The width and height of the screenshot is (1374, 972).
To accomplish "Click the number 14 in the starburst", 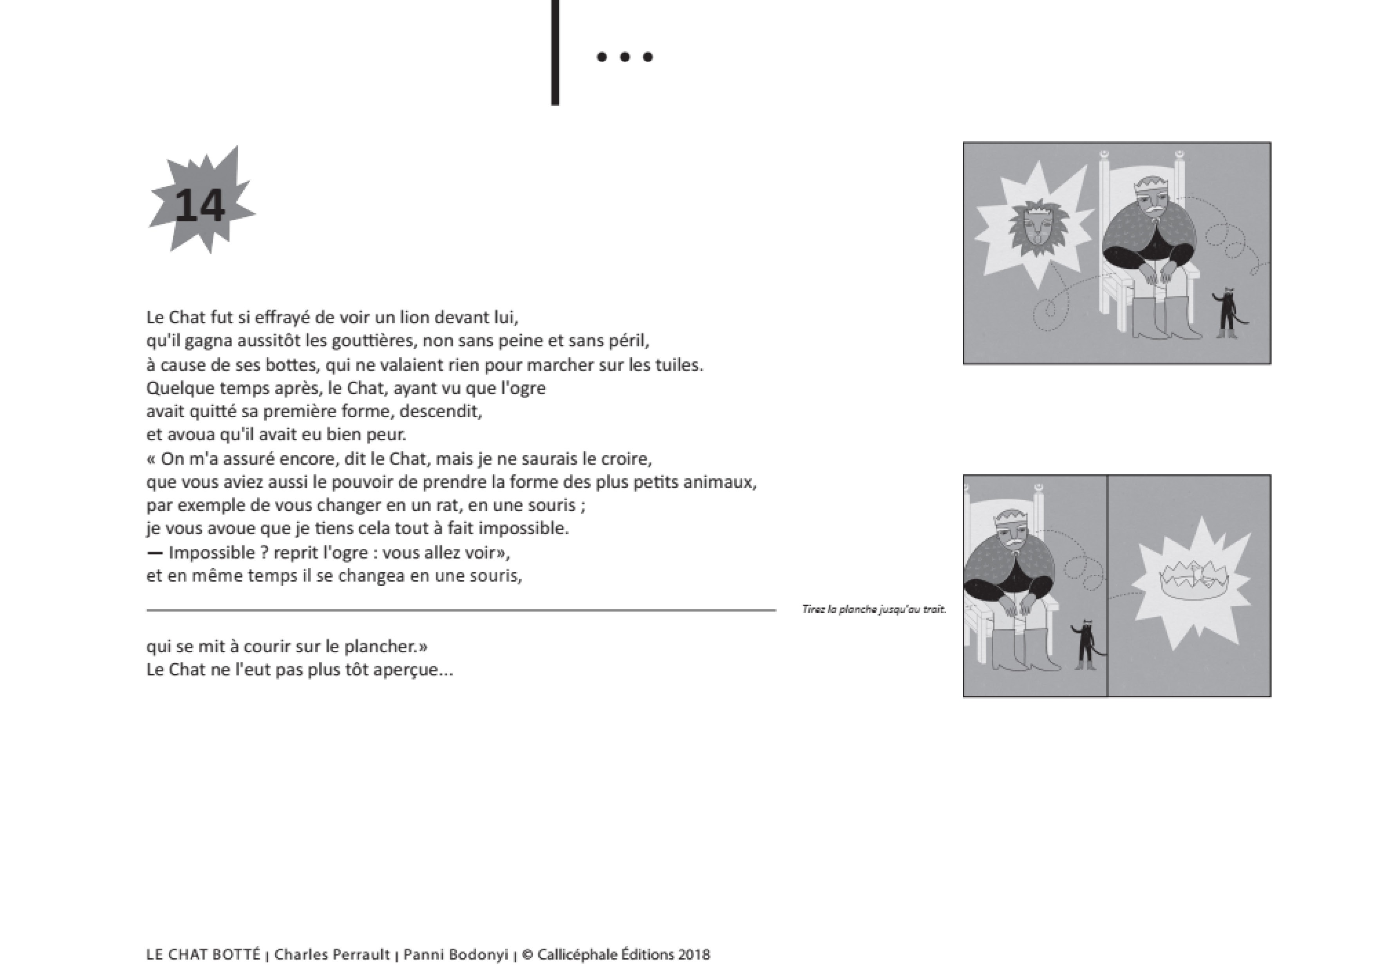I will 200,205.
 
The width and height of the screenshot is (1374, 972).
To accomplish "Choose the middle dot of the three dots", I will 625,58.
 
